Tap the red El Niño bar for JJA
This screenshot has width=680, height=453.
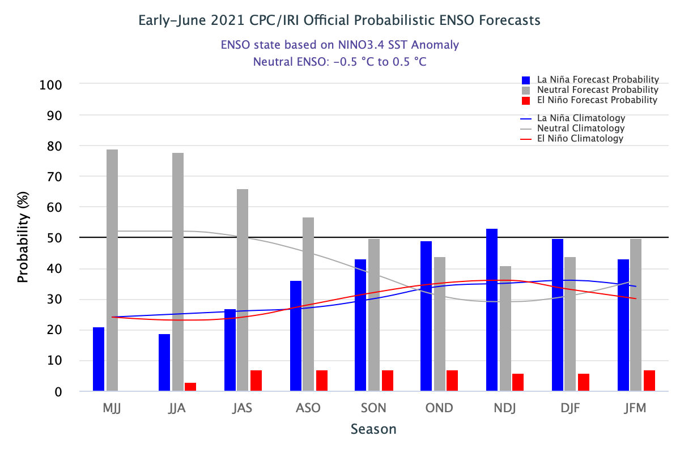pos(190,387)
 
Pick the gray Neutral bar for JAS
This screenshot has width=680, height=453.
pos(243,290)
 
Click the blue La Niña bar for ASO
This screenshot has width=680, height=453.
pos(296,336)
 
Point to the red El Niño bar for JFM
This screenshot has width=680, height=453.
pos(649,381)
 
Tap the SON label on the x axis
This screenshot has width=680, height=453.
pos(374,408)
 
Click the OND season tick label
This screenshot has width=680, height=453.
pos(440,408)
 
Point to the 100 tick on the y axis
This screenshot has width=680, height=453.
pos(50,85)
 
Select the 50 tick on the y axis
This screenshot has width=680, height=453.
pos(54,238)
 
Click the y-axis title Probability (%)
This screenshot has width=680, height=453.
pos(23,238)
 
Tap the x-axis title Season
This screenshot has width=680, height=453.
pos(373,429)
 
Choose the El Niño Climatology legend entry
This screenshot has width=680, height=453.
pos(580,138)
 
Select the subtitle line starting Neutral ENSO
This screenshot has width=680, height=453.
pos(339,62)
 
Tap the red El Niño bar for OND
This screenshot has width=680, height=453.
pos(452,381)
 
